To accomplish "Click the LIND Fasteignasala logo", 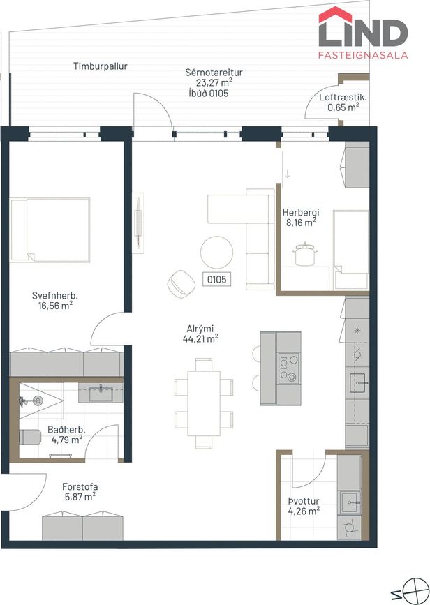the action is [x=363, y=33].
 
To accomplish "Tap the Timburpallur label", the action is [x=101, y=66].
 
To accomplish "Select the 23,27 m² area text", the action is [x=214, y=82].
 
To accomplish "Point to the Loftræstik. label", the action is [x=343, y=97].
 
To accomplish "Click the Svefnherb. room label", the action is [x=55, y=296].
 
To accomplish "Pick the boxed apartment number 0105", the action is [x=217, y=279].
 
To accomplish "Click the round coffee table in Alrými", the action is [x=216, y=253].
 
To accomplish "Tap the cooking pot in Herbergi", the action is [x=305, y=253].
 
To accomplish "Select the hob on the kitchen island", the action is [x=289, y=369].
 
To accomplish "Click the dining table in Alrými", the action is [x=204, y=403].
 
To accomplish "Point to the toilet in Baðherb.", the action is [x=30, y=437].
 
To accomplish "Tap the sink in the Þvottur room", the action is [x=350, y=502].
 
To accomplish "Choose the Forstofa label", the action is [x=80, y=487].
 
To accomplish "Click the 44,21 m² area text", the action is [x=200, y=338].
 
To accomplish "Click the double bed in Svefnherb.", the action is [x=50, y=230].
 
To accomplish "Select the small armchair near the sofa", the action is [x=181, y=283].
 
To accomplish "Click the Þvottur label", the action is [x=304, y=501].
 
